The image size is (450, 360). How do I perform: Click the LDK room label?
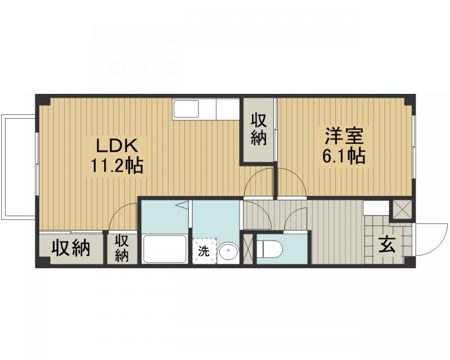click(117, 146)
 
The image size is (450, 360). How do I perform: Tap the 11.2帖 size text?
click(117, 165)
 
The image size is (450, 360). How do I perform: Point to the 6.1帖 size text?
click(344, 156)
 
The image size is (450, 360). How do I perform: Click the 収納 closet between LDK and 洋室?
click(258, 129)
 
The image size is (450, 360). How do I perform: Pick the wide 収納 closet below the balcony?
click(71, 249)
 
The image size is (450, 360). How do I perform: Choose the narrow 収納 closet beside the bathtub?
click(123, 249)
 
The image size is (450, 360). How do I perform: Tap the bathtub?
click(165, 249)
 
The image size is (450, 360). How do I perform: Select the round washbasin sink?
click(228, 253)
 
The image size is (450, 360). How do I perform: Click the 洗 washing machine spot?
click(204, 250)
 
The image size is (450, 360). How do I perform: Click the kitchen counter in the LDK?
click(207, 109)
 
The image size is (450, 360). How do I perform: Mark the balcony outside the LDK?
click(19, 168)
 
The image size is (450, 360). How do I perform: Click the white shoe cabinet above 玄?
click(376, 208)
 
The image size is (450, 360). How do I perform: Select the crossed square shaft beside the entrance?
click(402, 209)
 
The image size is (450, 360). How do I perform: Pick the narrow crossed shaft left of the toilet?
click(248, 248)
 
